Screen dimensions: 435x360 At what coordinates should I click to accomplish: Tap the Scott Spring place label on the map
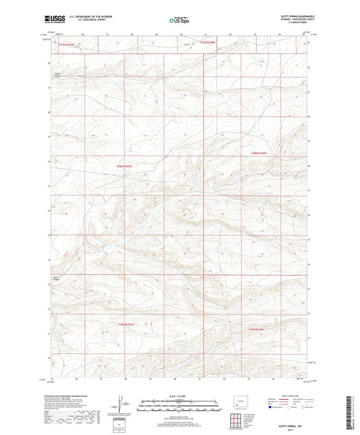tap(57, 276)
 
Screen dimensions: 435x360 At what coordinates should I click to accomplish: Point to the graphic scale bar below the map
tap(180, 405)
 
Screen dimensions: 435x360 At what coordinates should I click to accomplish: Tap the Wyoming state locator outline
tap(237, 405)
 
